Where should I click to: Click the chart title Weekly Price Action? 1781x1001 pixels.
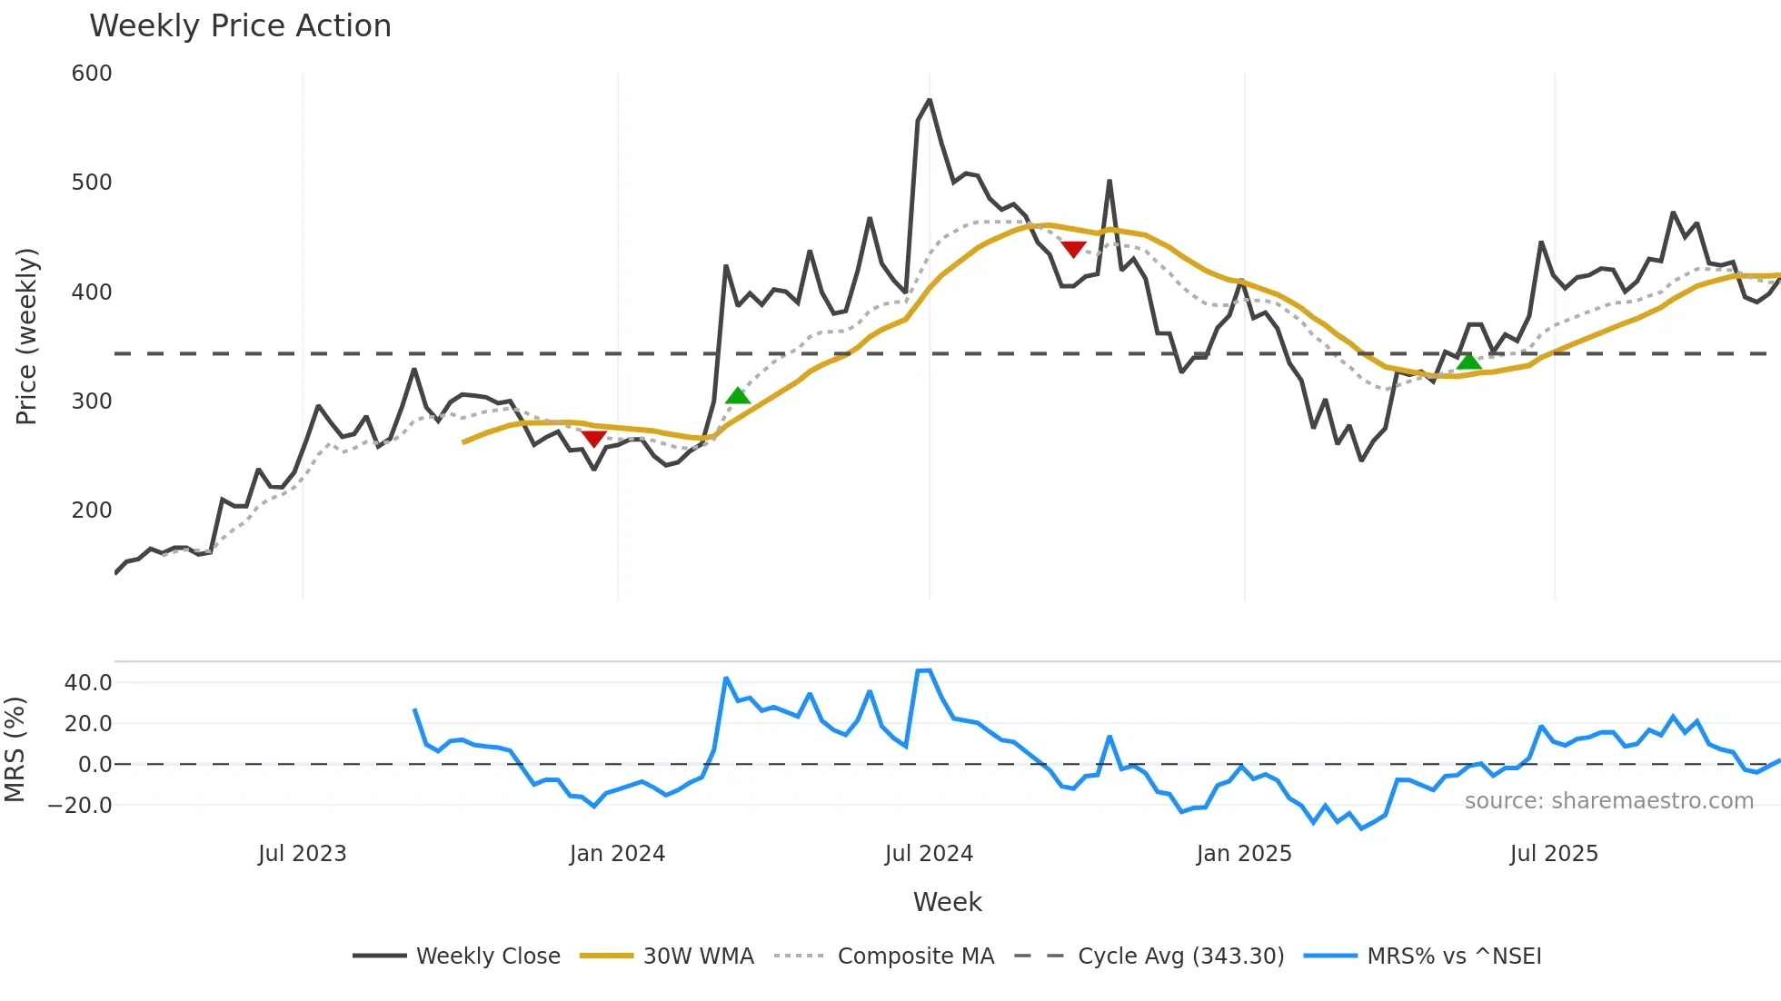(x=240, y=26)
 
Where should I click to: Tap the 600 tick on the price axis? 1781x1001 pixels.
(x=92, y=74)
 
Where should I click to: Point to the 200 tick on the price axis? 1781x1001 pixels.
(x=92, y=510)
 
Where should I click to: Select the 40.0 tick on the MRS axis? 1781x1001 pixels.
(x=88, y=683)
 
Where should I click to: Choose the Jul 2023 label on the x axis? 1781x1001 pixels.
(x=302, y=854)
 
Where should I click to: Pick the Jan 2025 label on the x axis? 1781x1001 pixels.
(x=1243, y=854)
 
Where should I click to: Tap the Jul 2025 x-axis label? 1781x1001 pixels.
(x=1553, y=854)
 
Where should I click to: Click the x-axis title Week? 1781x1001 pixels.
(x=947, y=902)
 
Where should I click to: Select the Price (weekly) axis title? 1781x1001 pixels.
(x=26, y=336)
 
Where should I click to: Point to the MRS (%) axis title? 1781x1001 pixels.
(x=15, y=749)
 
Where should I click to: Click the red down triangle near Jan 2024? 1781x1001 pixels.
(x=593, y=440)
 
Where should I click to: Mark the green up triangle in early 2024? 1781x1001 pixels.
(x=738, y=395)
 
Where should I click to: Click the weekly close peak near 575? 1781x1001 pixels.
(x=929, y=100)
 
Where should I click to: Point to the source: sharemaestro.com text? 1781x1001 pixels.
(x=1608, y=801)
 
